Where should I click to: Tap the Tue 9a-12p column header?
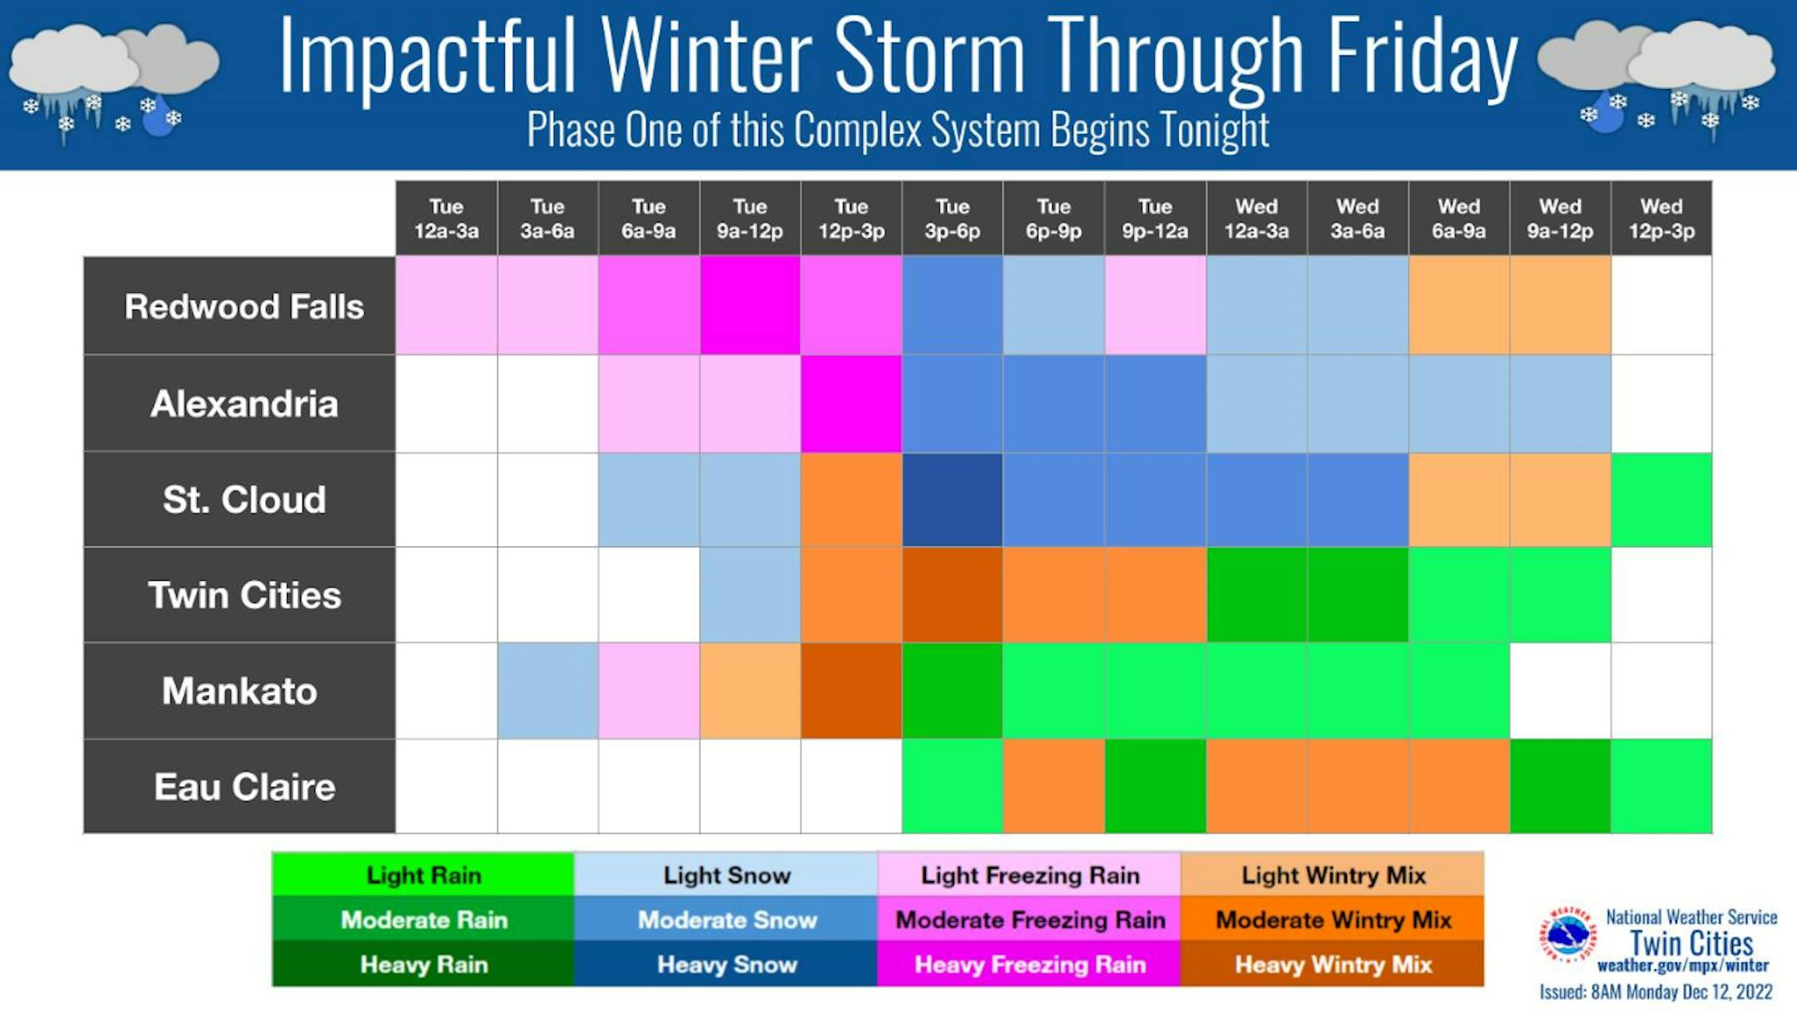coord(750,218)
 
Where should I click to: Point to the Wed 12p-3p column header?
coord(1661,218)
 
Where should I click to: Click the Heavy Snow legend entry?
coord(726,964)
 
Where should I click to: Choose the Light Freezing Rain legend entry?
coord(1030,875)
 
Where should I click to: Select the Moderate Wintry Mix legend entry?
coord(1333,919)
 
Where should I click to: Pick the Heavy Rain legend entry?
coord(423,964)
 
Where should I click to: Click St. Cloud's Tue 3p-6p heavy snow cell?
coord(953,499)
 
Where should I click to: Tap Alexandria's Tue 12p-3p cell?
coord(851,404)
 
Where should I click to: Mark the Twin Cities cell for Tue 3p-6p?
coord(953,594)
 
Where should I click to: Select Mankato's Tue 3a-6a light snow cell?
coord(547,691)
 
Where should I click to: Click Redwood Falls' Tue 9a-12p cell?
coord(750,305)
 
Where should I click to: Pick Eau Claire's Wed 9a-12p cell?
coord(1560,786)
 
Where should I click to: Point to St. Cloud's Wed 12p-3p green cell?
coord(1661,499)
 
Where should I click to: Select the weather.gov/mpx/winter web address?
coord(1683,966)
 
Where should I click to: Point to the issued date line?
coord(1656,992)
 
